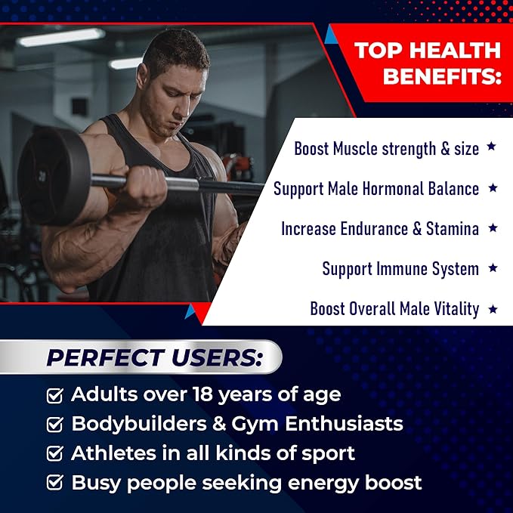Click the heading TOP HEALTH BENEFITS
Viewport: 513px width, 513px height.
click(x=427, y=63)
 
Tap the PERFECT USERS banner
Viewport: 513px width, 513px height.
click(x=154, y=357)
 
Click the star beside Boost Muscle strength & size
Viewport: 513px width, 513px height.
click(x=491, y=147)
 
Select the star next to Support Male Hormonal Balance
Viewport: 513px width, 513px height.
click(x=492, y=187)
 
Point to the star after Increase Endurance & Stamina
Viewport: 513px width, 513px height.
click(x=492, y=227)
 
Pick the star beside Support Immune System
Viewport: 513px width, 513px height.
click(x=492, y=267)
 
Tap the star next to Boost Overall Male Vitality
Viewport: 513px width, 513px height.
click(x=492, y=307)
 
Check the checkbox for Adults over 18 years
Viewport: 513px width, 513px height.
click(x=54, y=395)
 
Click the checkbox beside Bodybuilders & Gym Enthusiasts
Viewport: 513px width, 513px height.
click(x=54, y=425)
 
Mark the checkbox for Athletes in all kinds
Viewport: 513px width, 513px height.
click(x=54, y=454)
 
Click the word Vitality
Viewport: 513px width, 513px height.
click(x=453, y=308)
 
